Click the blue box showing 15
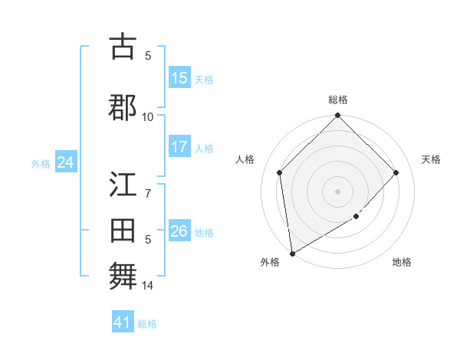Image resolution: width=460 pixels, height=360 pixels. pyautogui.click(x=179, y=78)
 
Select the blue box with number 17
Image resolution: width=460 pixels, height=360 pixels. pyautogui.click(x=179, y=147)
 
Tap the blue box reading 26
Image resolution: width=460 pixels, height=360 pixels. pyautogui.click(x=179, y=231)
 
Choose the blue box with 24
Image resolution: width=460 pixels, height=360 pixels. pyautogui.click(x=65, y=162)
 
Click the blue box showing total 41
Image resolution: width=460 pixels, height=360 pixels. pyautogui.click(x=123, y=322)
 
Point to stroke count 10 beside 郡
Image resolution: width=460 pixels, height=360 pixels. pyautogui.click(x=148, y=116)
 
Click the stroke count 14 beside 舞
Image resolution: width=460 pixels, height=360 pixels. pyautogui.click(x=148, y=286)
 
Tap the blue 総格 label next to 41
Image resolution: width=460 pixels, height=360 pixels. pyautogui.click(x=148, y=324)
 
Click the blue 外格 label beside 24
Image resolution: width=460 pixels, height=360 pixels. pyautogui.click(x=41, y=164)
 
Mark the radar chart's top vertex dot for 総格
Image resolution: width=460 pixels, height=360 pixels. pyautogui.click(x=337, y=116)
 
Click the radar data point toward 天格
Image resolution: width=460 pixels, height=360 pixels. pyautogui.click(x=396, y=172)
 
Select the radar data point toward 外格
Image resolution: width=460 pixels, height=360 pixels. pyautogui.click(x=292, y=253)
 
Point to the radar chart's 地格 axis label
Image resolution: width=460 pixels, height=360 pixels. pyautogui.click(x=402, y=263)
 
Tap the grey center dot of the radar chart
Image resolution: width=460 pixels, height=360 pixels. pyautogui.click(x=337, y=191)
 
